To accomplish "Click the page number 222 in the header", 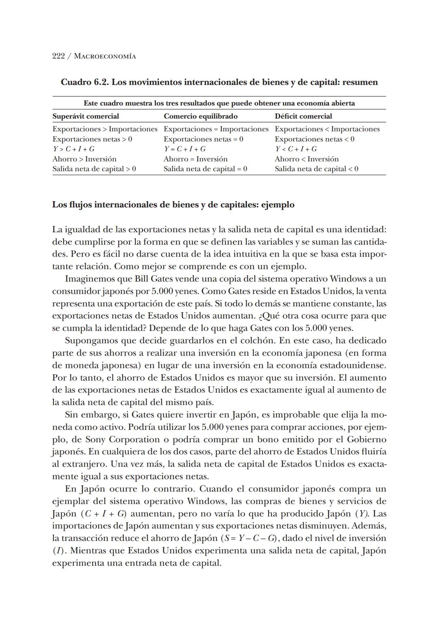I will pos(58,56).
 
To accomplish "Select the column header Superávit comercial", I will pos(86,116).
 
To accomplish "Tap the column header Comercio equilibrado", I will pos(200,116).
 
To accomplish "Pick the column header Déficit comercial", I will pos(303,116).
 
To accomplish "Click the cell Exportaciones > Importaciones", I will pos(105,129).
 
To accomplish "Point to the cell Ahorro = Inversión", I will pos(195,159).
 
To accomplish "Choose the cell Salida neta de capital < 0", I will pos(316,169).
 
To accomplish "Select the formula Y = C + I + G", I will pos(185,149).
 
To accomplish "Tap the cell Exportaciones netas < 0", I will pos(314,139).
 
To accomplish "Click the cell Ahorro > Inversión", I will pos(84,159).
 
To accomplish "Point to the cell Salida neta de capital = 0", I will pos(205,169).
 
